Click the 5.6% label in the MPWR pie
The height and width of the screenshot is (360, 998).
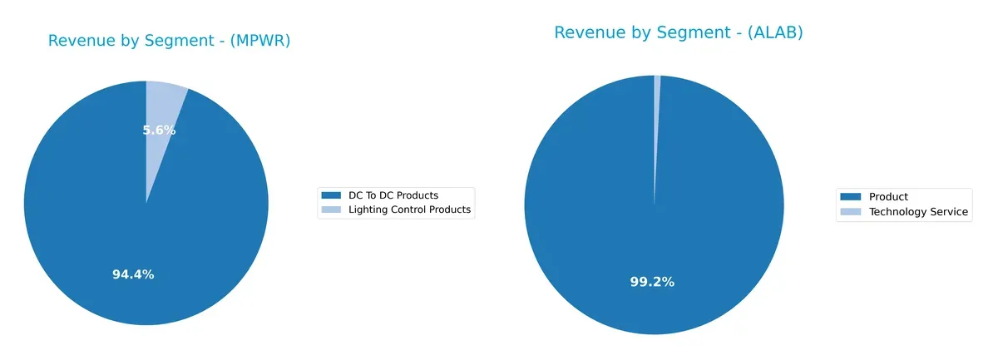point(159,131)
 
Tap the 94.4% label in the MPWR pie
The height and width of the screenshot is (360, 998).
point(133,274)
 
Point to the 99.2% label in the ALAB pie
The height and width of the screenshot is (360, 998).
point(652,282)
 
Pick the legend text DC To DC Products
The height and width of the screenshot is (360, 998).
point(391,195)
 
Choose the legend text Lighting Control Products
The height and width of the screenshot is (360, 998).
point(408,210)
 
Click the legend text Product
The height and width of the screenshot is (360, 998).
point(888,197)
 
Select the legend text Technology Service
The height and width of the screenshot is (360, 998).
point(918,212)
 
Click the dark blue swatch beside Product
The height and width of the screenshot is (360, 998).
point(851,197)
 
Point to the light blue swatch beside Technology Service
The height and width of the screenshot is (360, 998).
point(851,212)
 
